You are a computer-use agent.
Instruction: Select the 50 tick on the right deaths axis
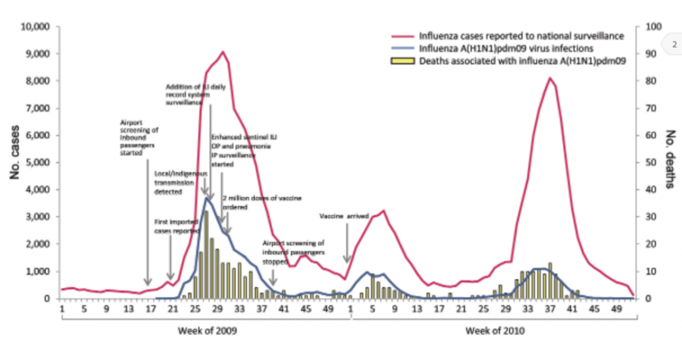coord(647,163)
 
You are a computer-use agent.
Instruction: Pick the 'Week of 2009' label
coord(207,330)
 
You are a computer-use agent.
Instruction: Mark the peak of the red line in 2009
coord(222,52)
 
